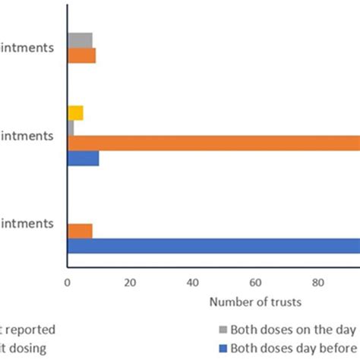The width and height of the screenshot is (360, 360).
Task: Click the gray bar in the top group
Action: [80, 39]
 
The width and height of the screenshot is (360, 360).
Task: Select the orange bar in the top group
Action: [81, 55]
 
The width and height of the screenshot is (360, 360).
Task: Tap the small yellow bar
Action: [75, 113]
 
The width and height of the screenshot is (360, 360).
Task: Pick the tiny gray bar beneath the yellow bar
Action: [71, 128]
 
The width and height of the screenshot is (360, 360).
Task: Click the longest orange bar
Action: [213, 143]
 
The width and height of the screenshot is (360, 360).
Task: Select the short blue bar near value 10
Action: [83, 158]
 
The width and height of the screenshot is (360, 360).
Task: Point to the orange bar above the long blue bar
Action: [80, 231]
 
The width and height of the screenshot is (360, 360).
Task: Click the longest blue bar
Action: [213, 246]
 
